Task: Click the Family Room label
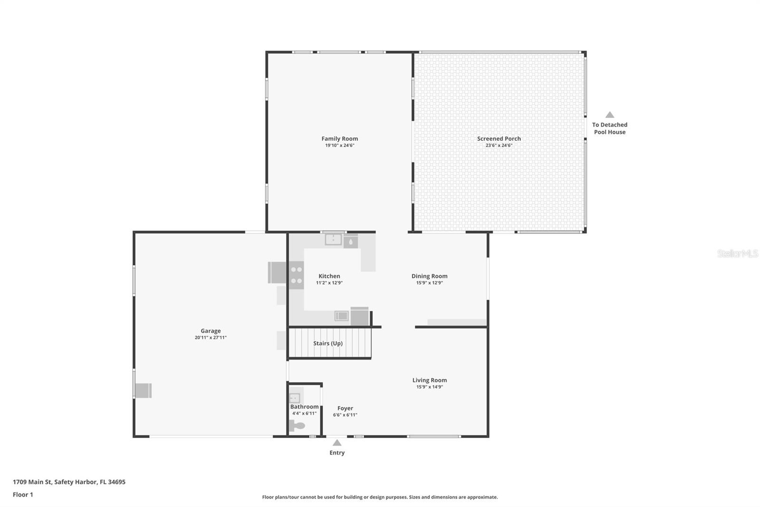coord(340,139)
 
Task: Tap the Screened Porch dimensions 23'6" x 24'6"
coord(499,146)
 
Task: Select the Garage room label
coord(210,331)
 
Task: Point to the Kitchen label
coord(329,276)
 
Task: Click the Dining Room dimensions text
coord(429,283)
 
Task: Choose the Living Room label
coord(429,380)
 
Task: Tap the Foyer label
coord(345,408)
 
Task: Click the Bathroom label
coord(304,407)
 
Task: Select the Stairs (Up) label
coord(328,343)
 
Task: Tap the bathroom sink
coord(294,398)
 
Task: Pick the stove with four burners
coord(296,275)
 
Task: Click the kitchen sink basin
coord(333,240)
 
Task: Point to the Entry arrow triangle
coord(337,443)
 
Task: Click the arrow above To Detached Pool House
coord(609,115)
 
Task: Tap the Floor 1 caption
coord(23,495)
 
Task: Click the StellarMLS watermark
coord(737,253)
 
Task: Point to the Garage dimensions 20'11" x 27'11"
coord(210,338)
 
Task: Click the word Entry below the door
coord(337,453)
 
